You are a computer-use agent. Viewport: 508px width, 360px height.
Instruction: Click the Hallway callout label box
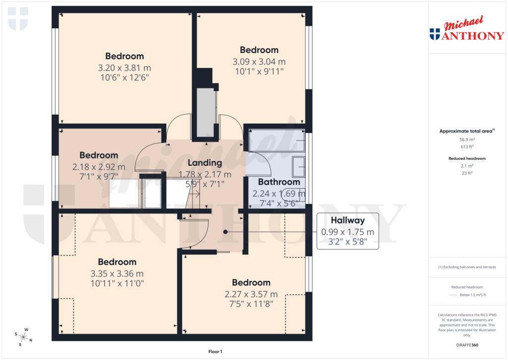point(347,231)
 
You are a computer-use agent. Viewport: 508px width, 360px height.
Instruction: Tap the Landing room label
point(204,163)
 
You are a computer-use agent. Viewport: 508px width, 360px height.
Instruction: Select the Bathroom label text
point(278,182)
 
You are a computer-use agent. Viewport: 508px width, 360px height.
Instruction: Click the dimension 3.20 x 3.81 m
point(124,68)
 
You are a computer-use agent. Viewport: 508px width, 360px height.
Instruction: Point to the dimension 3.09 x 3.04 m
point(259,62)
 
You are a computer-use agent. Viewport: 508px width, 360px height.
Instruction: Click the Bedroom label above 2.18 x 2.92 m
point(99,155)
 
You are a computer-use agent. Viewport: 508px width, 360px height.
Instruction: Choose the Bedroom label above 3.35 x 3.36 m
point(117,262)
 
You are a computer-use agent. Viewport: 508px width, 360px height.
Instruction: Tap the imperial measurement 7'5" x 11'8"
point(251,303)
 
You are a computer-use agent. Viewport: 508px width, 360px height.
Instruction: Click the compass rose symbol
point(23,336)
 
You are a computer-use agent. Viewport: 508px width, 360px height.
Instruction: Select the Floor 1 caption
point(215,352)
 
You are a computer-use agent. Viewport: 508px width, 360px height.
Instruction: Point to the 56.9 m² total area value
point(468,140)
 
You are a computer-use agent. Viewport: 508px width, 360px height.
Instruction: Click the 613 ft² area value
point(468,147)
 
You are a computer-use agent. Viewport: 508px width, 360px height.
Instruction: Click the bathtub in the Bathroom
point(276,141)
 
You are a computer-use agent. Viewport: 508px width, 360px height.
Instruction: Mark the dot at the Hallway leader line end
point(225,231)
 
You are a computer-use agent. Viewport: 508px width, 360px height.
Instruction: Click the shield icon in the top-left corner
point(17,19)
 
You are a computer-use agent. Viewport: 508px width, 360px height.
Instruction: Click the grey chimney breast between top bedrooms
point(205,112)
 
